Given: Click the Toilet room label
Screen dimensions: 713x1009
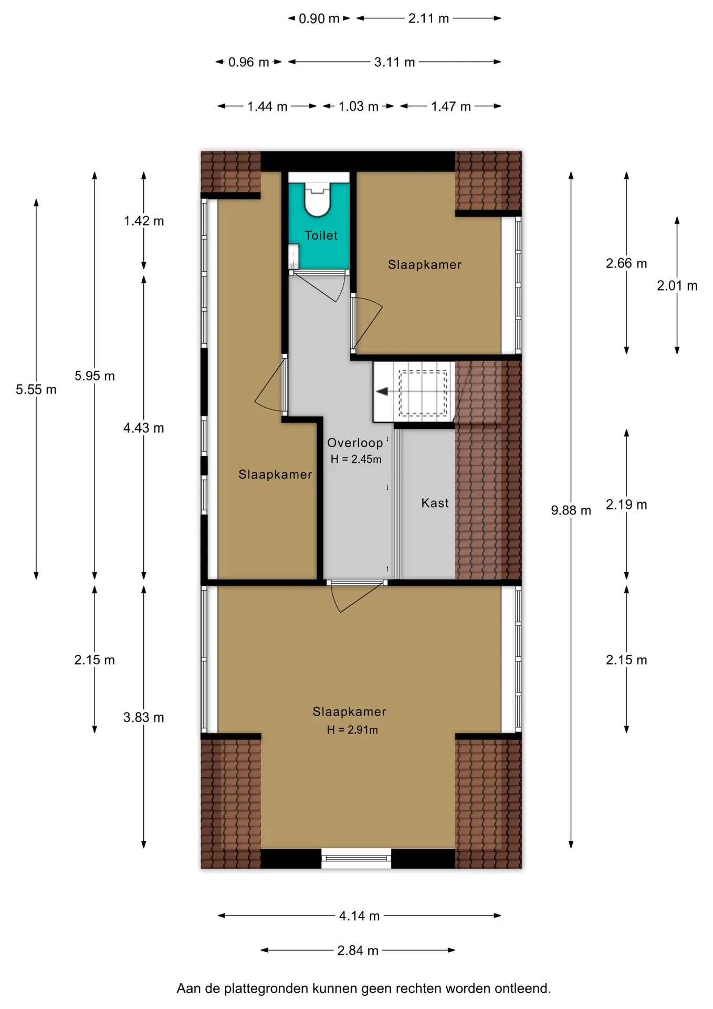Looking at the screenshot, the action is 321,235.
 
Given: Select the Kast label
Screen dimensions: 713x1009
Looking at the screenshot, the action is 435,503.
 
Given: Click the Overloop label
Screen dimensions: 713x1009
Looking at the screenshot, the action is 355,443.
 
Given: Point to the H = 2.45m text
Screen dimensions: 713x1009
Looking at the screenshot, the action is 356,459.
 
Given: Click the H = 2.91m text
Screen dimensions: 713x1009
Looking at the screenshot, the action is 352,729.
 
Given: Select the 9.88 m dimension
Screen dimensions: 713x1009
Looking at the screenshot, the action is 571,510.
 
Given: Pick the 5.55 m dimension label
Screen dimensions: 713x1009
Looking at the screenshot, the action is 36,389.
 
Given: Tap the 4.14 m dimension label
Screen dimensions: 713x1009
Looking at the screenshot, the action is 359,916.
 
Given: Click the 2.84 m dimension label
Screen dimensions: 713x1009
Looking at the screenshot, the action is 358,951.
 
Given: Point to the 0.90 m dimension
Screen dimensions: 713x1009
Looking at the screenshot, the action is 319,18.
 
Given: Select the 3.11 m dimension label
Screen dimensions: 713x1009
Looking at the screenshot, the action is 394,62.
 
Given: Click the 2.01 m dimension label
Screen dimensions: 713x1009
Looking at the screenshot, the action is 677,286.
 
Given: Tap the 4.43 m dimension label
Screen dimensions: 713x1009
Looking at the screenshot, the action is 143,428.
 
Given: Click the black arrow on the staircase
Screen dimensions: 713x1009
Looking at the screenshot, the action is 382,392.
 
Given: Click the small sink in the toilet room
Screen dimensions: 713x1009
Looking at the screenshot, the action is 293,256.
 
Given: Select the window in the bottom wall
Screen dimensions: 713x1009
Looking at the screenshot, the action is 356,859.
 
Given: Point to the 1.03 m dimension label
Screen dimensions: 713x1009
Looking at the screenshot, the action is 358,107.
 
